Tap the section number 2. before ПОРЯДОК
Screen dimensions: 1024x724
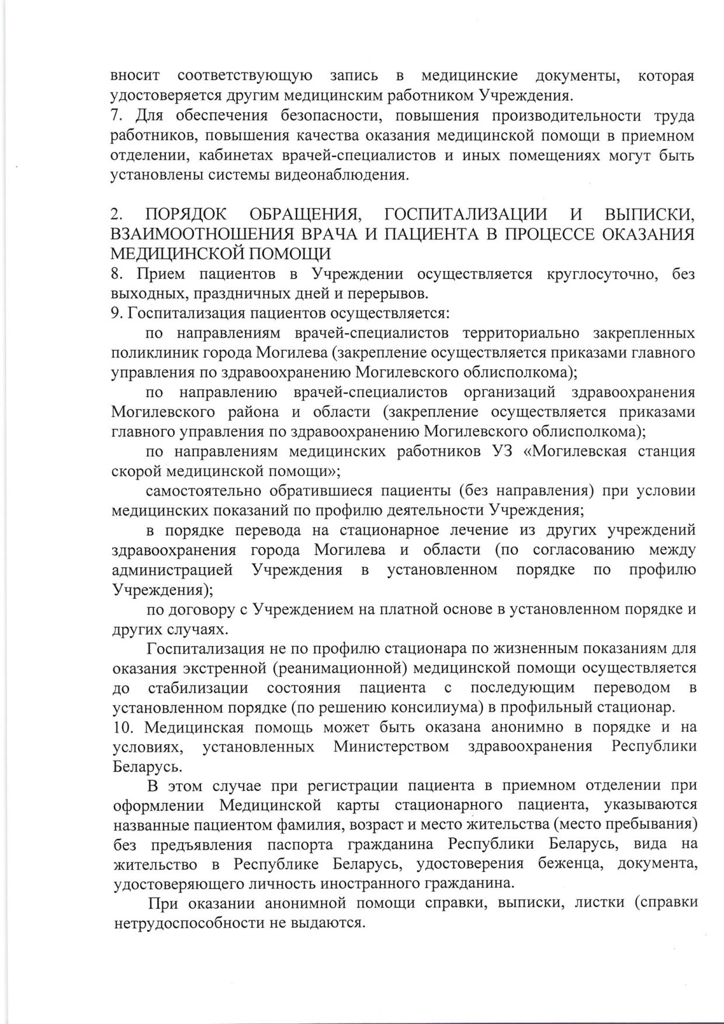click(116, 214)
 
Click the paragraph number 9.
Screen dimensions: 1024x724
click(116, 313)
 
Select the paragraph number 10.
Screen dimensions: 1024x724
click(123, 727)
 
